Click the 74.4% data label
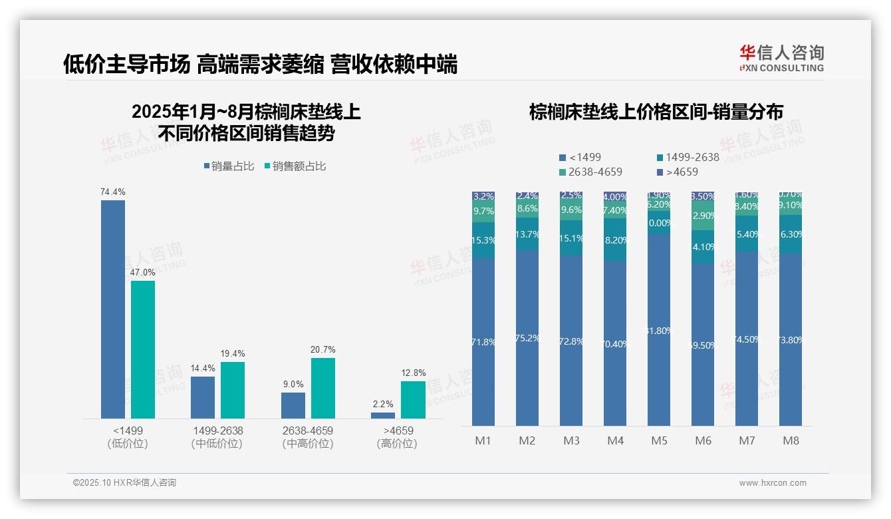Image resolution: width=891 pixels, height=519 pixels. point(113,192)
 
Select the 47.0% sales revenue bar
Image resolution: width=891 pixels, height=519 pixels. point(143,349)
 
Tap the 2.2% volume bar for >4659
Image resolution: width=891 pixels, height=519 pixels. point(383,415)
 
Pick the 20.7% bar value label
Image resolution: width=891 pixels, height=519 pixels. point(323,349)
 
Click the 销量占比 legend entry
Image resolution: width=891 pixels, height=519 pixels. point(229,166)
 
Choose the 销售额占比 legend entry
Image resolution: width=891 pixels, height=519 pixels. point(295,166)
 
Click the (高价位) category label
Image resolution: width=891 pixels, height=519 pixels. point(397,444)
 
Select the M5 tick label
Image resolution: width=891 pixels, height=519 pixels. point(659,440)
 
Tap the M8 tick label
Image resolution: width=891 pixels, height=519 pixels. point(791,440)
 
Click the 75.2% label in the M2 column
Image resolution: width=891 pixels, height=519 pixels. point(527,338)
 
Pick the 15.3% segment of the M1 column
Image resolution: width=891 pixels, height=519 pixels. point(483,240)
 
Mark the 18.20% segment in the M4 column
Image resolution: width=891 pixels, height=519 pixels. point(615,240)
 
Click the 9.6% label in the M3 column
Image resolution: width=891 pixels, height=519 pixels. point(571,209)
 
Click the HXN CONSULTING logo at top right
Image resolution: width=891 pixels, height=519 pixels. point(781,59)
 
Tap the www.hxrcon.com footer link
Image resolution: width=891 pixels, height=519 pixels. point(773,483)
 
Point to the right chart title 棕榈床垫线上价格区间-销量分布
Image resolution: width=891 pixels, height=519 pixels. point(656,112)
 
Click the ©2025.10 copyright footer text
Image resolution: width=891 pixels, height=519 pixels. point(124,483)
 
